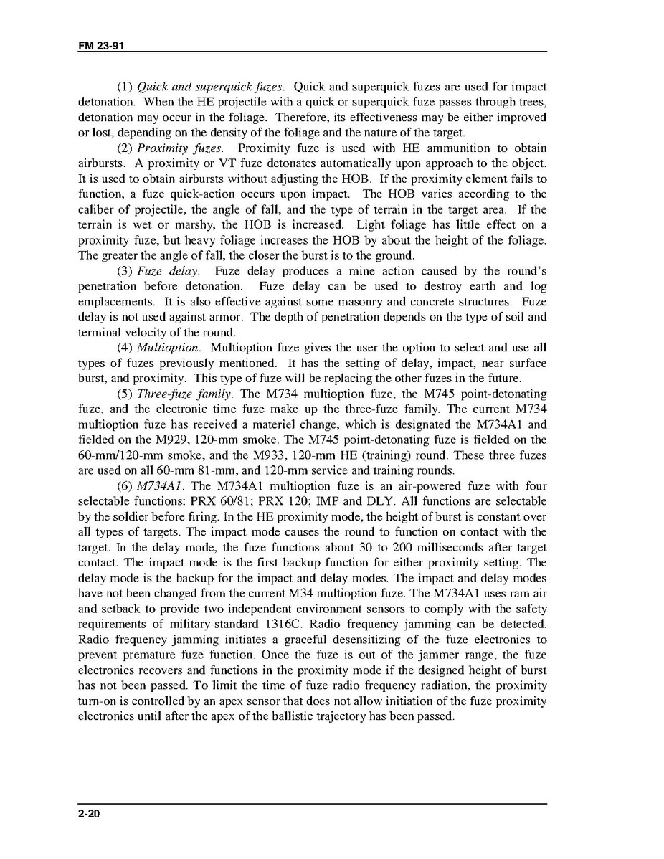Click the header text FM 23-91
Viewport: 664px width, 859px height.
pos(100,46)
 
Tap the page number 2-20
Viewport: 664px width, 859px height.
pos(89,814)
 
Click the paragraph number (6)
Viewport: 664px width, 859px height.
pos(125,486)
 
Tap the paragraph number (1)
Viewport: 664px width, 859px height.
pos(125,87)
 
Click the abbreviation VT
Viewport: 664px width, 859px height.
pos(220,163)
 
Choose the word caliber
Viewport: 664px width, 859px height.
pos(95,210)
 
